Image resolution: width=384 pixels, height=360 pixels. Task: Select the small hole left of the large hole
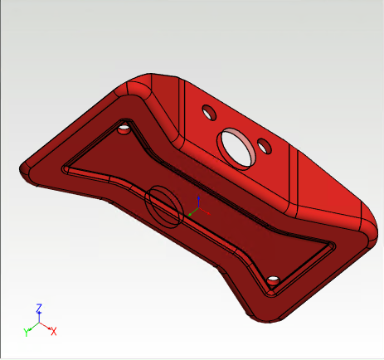(x=207, y=110)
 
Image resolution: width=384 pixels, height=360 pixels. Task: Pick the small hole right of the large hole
(x=265, y=147)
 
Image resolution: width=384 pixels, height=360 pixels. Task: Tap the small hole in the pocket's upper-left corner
(x=124, y=130)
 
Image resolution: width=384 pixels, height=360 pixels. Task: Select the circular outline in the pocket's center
(x=163, y=207)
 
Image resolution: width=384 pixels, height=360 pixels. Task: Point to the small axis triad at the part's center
(x=196, y=208)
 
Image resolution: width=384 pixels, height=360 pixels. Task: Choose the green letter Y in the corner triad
(x=27, y=332)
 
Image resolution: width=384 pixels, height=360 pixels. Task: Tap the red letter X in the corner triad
(x=54, y=331)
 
